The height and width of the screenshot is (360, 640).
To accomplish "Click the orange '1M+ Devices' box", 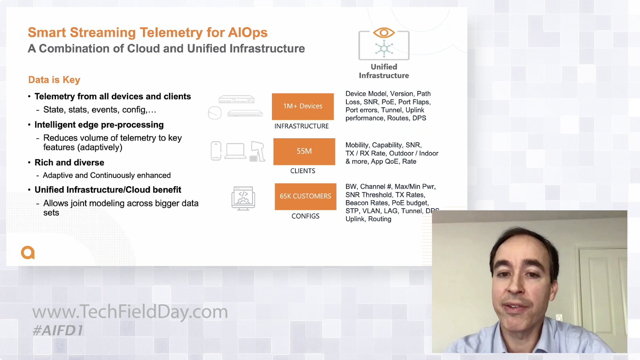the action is point(303,106).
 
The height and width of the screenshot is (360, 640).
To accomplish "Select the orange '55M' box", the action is point(304,151).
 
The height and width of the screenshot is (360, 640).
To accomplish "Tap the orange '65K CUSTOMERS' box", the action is point(306,197).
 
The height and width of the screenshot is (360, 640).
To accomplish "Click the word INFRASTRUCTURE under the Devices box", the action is point(302,126).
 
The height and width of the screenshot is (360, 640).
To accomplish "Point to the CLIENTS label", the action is point(303,171).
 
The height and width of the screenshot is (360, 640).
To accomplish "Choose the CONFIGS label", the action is point(305,216).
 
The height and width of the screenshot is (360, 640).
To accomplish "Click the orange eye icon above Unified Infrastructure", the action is point(384,33).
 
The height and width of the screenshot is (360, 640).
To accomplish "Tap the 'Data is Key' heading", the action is point(54,80).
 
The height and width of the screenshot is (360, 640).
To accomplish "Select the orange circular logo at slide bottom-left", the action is point(28,252).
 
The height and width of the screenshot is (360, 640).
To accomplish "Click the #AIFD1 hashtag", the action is point(58,330).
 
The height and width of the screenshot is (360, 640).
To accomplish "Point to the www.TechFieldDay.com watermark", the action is point(130,312).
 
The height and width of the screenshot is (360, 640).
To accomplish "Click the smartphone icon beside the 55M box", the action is point(216,151).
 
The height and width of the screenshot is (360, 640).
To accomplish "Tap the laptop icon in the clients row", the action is point(235,151).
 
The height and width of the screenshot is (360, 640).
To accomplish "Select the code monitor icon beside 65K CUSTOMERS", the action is point(243,198).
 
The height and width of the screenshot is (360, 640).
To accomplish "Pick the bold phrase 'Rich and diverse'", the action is point(69,163).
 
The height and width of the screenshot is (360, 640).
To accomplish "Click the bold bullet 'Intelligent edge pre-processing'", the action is point(99,125).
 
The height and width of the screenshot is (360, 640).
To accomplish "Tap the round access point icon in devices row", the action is point(215,113).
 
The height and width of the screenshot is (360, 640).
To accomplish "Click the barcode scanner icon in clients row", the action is point(258,151).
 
